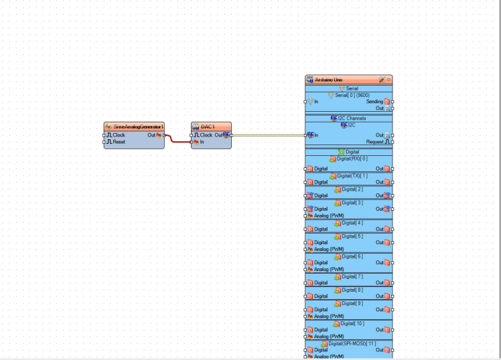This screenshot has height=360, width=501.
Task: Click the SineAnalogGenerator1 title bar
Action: [137, 126]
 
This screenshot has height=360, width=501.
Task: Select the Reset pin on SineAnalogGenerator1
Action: [119, 142]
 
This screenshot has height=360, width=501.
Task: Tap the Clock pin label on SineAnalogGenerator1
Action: [119, 135]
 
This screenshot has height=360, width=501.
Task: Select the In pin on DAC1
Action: [202, 142]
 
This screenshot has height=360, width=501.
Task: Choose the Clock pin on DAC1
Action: [206, 135]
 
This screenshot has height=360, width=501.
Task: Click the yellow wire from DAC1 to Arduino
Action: [268, 135]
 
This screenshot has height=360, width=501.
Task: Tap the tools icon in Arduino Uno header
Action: [381, 80]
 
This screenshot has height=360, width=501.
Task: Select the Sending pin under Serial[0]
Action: [374, 102]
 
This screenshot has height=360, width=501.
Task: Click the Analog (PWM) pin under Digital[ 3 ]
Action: [329, 215]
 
